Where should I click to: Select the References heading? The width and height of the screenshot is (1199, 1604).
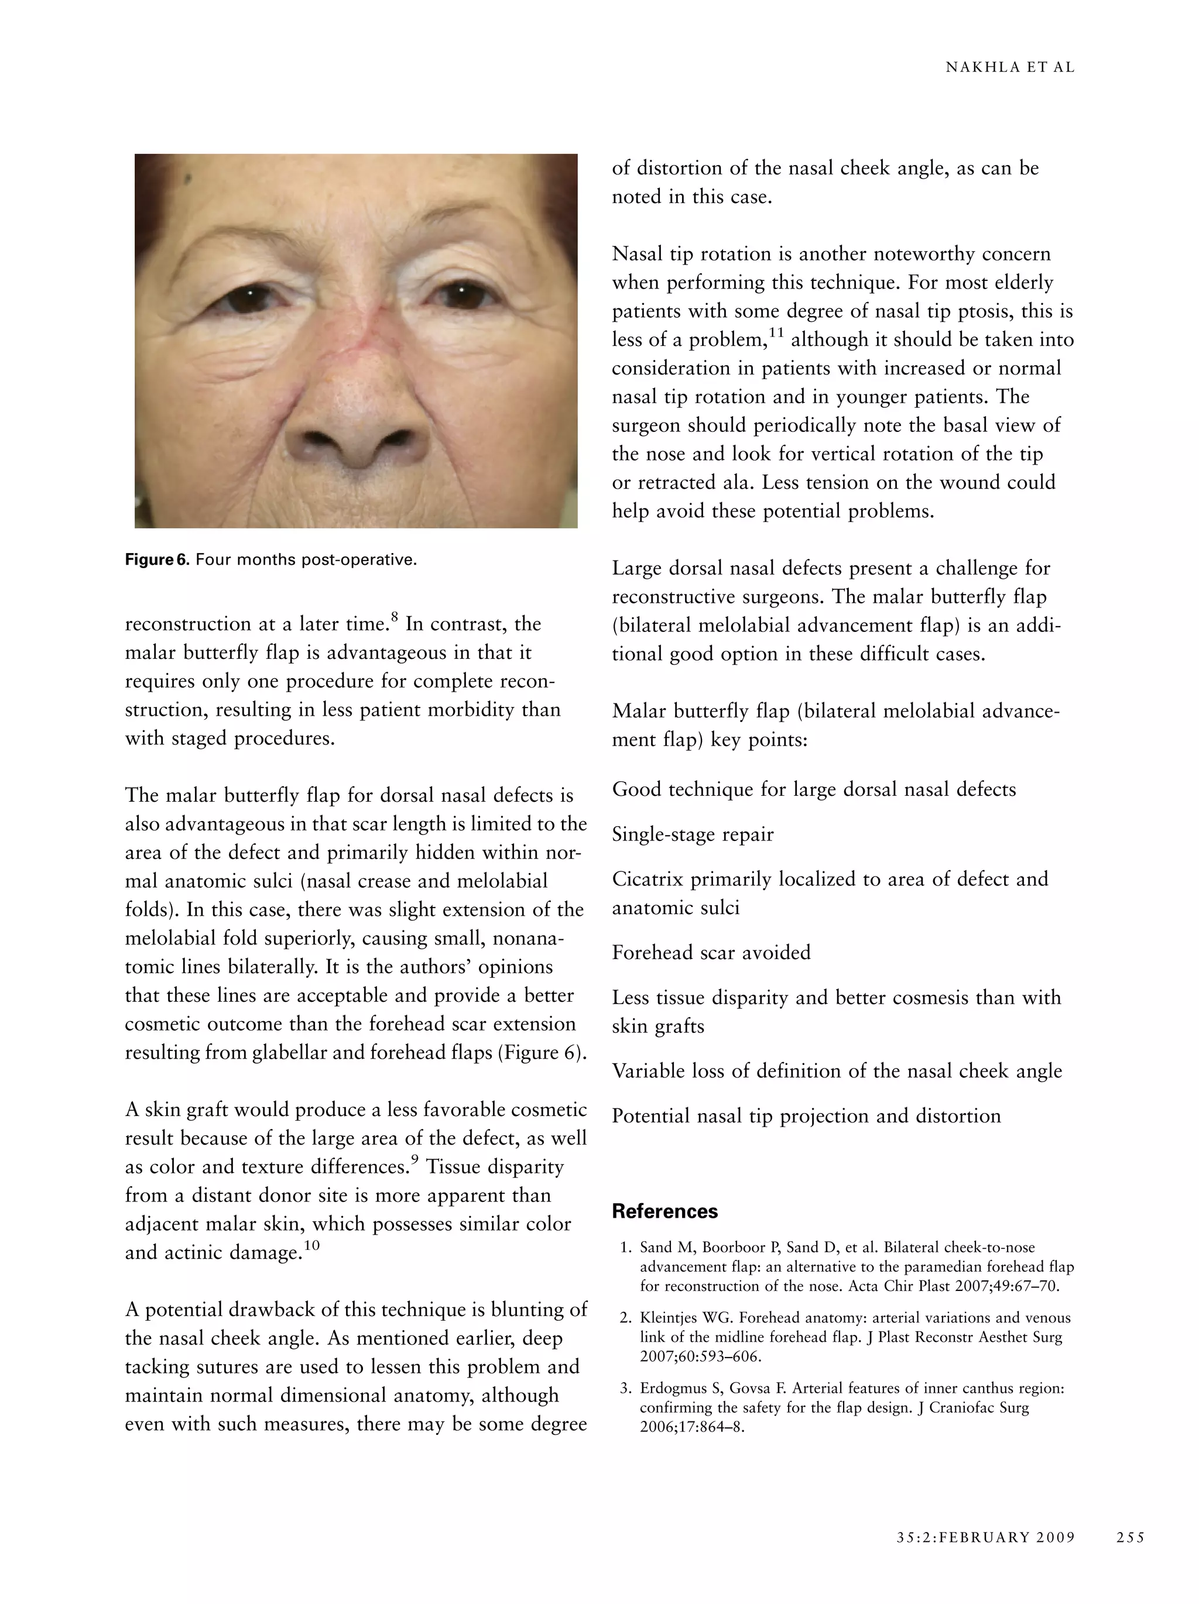(x=664, y=1211)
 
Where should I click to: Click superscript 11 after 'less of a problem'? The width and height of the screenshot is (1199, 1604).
(x=776, y=333)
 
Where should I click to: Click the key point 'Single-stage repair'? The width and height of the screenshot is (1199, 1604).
(x=693, y=834)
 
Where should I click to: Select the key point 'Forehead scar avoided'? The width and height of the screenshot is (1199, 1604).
(x=711, y=952)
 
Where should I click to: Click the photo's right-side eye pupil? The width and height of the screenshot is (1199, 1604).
(x=461, y=294)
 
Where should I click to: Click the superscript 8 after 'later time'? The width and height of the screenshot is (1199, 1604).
(x=395, y=617)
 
